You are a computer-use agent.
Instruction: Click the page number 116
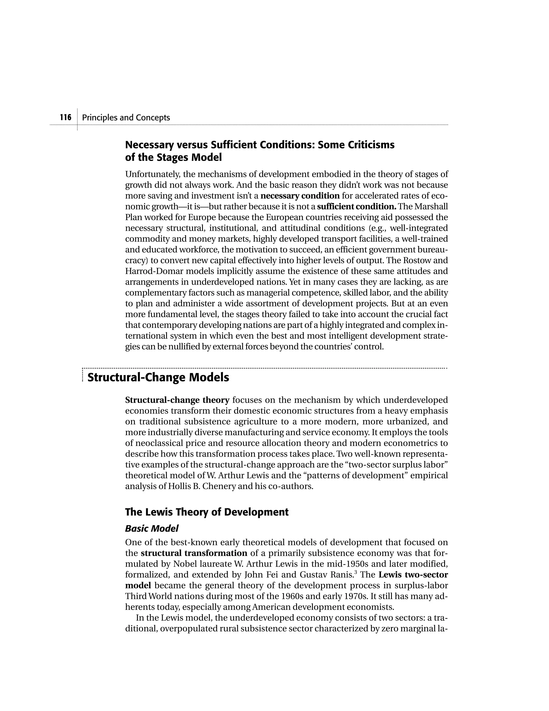click(66, 118)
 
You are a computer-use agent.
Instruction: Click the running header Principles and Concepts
click(126, 118)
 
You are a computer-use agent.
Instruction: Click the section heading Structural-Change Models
click(158, 378)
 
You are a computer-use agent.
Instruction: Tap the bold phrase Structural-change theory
click(177, 400)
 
